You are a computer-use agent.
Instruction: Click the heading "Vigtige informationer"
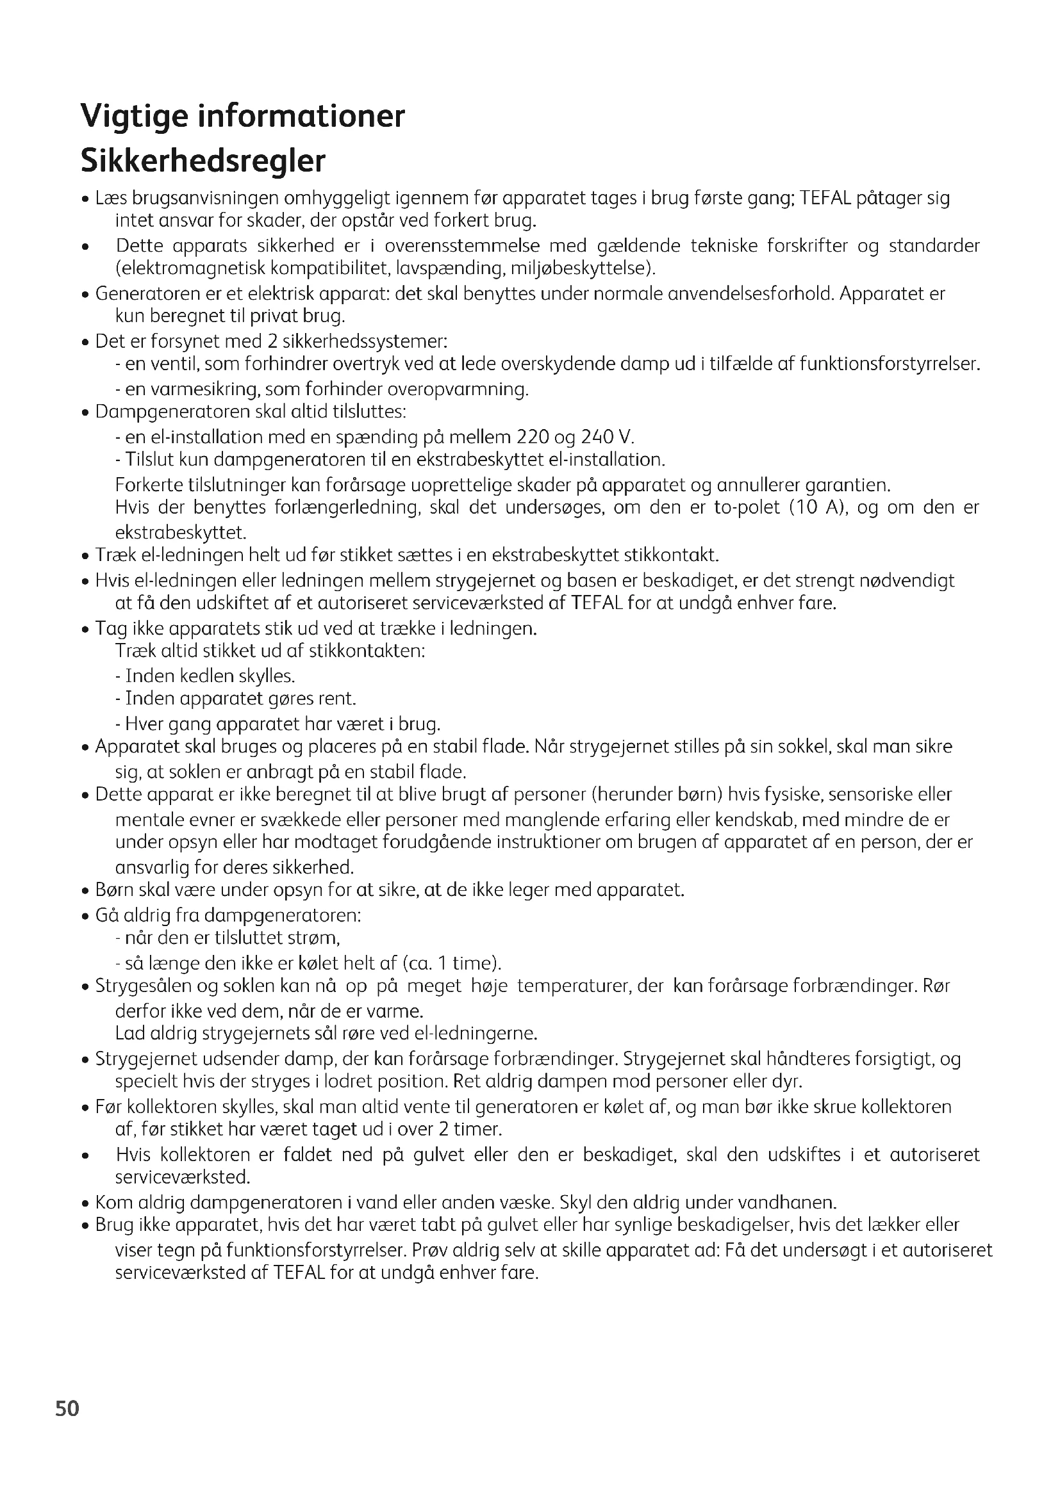243,116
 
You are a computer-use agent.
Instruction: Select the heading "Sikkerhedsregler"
203,161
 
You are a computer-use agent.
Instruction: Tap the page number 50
67,1427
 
